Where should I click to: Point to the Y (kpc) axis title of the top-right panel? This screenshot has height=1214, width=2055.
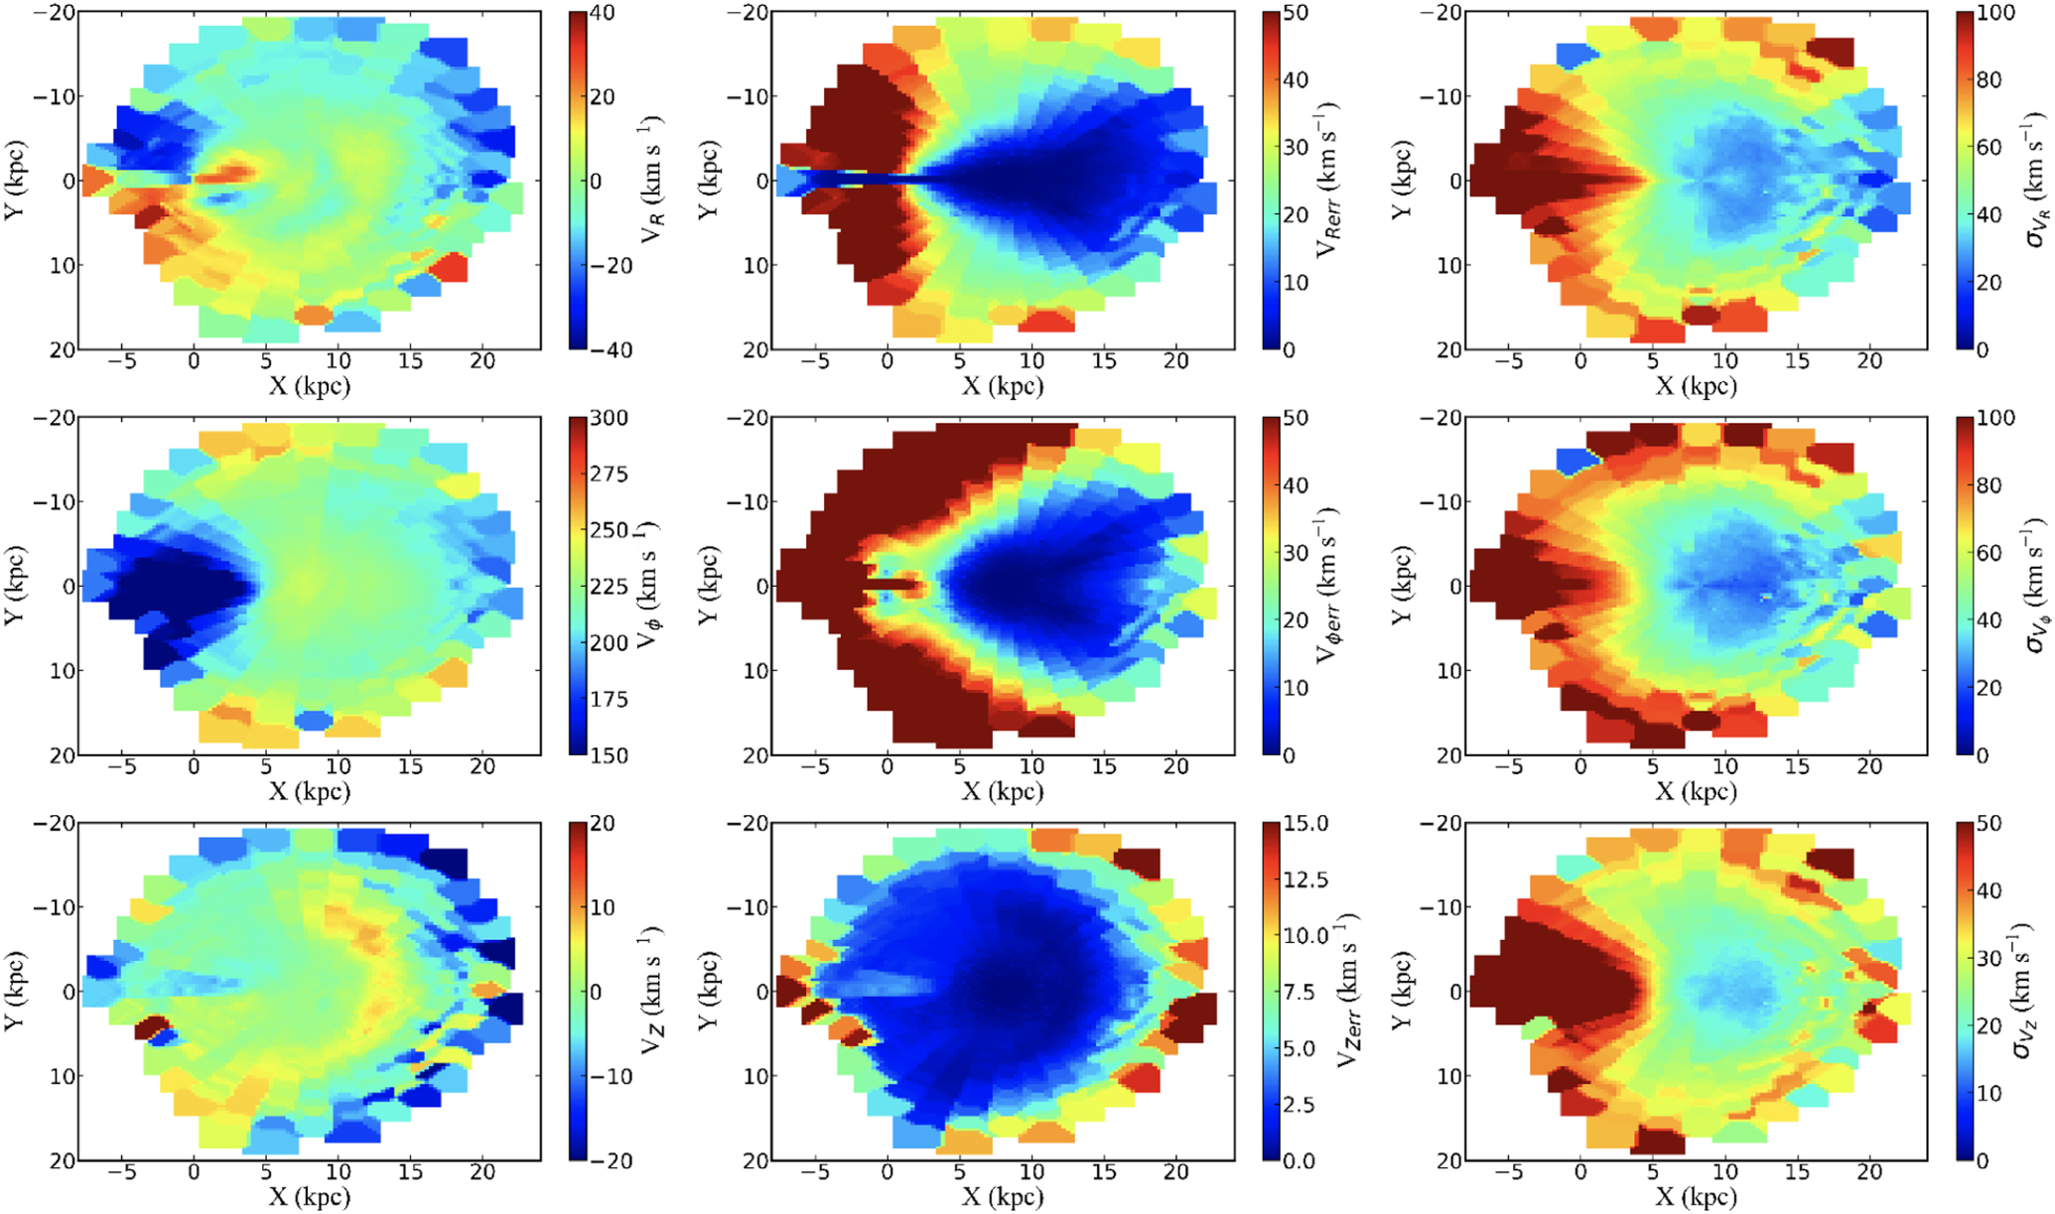[x=1403, y=180]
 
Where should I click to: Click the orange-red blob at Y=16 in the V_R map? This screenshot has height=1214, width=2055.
[x=314, y=315]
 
